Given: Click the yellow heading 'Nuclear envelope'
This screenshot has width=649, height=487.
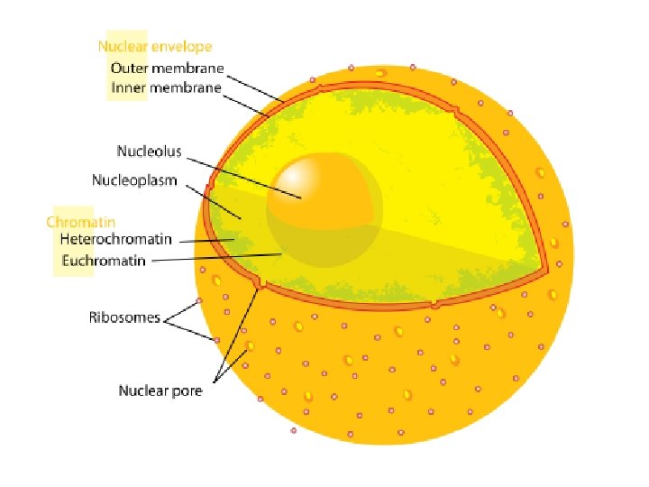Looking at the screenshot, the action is (155, 45).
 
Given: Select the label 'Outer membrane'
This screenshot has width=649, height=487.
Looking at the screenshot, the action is (167, 68).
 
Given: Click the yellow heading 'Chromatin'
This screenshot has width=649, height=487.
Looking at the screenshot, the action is (81, 221).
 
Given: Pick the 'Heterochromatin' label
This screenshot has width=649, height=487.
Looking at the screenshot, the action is (114, 240).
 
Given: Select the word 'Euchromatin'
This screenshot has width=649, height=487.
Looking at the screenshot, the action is (103, 262).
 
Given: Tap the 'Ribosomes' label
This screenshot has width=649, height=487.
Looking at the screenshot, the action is (124, 317).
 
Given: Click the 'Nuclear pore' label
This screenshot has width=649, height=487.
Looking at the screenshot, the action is (160, 391).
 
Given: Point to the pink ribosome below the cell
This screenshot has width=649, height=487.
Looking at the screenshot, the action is (294, 430).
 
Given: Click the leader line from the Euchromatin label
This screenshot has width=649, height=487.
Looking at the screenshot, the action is (216, 259).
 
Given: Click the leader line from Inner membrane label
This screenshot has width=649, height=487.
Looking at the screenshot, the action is (248, 103).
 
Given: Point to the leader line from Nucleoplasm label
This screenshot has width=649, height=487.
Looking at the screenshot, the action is (216, 200).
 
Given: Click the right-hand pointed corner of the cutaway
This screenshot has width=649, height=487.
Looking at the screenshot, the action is (546, 270).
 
